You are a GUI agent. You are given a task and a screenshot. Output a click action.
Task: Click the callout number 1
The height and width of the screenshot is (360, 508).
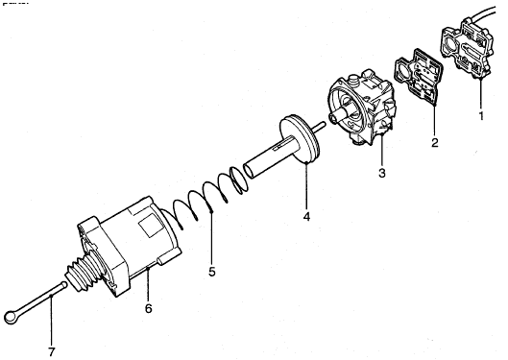tap(481, 115)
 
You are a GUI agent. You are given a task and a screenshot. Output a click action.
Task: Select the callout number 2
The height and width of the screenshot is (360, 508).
tap(435, 142)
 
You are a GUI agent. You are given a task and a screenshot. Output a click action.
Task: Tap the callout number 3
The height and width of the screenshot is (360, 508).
tap(382, 173)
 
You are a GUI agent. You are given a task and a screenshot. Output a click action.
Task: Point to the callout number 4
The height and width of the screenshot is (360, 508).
tap(306, 217)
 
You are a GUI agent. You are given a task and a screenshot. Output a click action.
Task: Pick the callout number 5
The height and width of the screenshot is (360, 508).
tap(211, 272)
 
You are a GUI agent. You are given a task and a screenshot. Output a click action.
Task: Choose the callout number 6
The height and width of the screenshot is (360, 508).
tap(148, 308)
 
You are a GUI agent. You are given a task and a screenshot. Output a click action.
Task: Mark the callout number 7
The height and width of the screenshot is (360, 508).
tap(52, 351)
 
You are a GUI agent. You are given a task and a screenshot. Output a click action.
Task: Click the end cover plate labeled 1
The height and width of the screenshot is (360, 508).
tap(468, 49)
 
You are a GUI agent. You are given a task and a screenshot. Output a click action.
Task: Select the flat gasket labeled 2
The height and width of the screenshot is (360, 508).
tap(418, 77)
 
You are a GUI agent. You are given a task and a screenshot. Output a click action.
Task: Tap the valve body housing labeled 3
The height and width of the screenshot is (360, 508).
tap(363, 107)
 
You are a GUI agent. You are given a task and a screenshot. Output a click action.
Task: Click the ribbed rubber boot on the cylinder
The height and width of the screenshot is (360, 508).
tap(85, 271)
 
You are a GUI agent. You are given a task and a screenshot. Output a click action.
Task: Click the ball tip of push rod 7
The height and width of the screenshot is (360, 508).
tap(63, 285)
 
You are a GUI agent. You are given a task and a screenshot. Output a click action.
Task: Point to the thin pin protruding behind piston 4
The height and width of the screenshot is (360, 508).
tap(318, 127)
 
